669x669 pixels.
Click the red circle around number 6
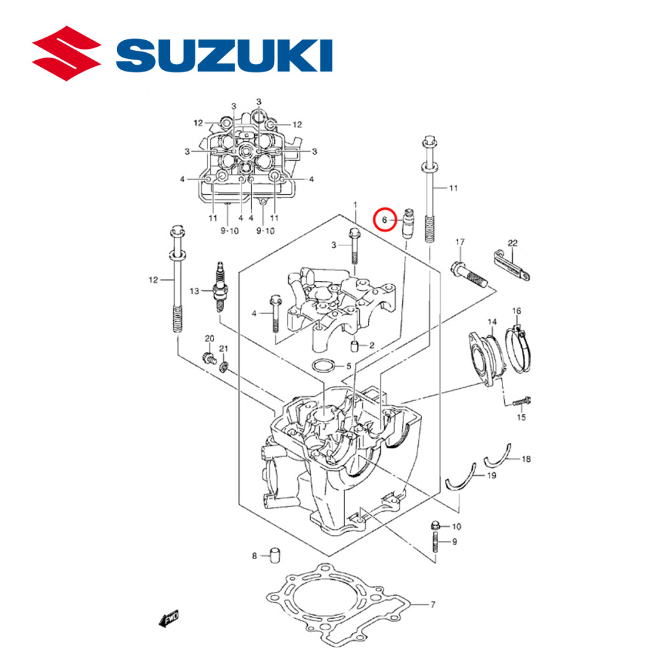[x=385, y=219]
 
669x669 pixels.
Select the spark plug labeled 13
[x=219, y=288]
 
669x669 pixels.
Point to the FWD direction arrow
[x=169, y=619]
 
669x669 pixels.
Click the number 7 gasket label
[x=432, y=605]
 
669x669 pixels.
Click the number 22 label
[x=512, y=244]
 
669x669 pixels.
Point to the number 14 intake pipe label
[x=492, y=322]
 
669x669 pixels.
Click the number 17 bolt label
[x=460, y=242]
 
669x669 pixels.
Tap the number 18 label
[x=527, y=459]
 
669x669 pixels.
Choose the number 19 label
[x=491, y=476]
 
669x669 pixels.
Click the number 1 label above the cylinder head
[x=355, y=204]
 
